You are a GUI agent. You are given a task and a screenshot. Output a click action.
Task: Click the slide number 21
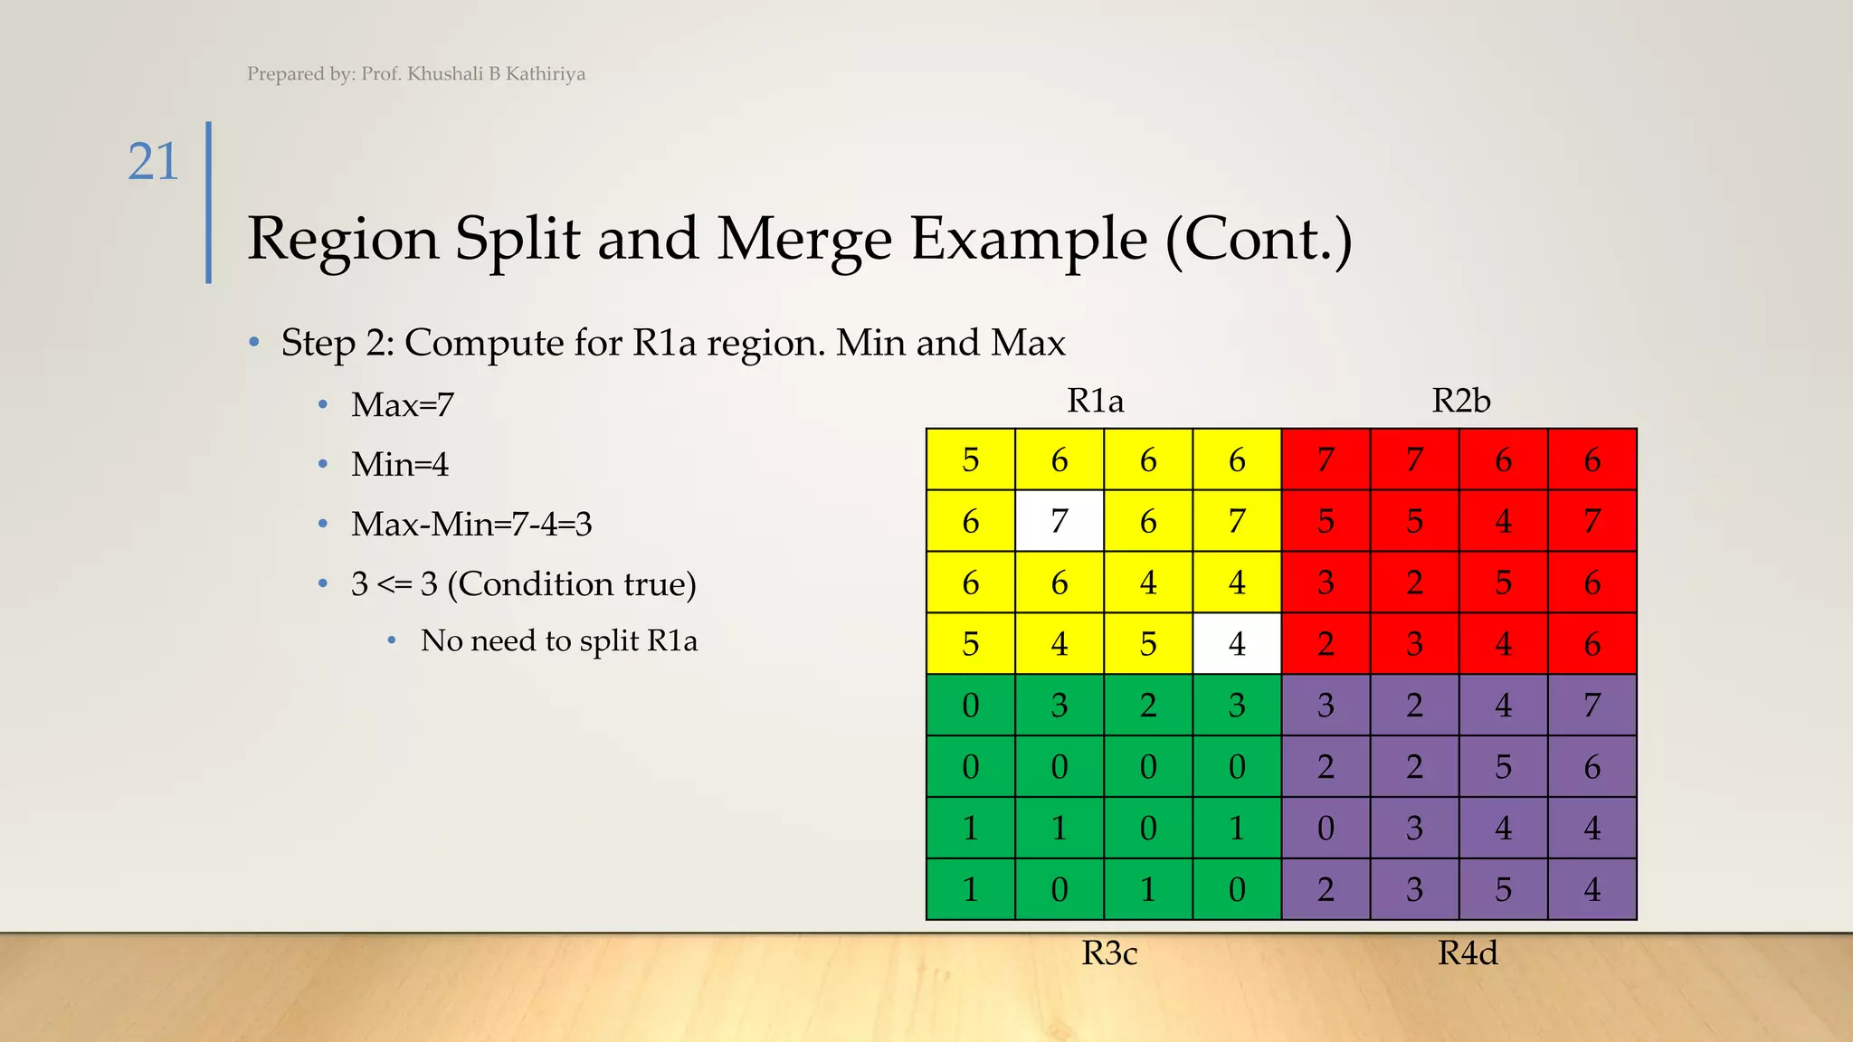[x=153, y=163]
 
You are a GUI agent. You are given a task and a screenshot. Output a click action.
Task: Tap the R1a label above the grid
[x=1095, y=400]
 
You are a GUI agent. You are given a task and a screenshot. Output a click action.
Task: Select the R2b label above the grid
[x=1460, y=400]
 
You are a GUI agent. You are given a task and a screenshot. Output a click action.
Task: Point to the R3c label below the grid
[x=1109, y=952]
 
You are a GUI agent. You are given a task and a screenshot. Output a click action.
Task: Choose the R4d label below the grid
[x=1468, y=952]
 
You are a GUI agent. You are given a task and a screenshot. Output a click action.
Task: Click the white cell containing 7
[x=1059, y=521]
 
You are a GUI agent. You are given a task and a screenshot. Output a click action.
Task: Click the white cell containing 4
[x=1237, y=644]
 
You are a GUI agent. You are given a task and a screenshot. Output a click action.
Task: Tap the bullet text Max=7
[x=402, y=404]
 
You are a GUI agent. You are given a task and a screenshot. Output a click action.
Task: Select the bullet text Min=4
[x=399, y=464]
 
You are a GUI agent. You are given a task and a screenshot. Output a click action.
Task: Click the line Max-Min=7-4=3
[x=470, y=524]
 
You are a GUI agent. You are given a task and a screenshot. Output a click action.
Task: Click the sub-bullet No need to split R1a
[x=558, y=640]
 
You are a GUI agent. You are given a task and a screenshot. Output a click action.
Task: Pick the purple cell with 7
[x=1592, y=706]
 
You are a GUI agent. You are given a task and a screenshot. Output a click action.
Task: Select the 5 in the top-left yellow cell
[x=970, y=460]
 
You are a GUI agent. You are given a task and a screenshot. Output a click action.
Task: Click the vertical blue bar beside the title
[x=209, y=203]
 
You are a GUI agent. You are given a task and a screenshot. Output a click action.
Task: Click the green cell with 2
[x=1147, y=706]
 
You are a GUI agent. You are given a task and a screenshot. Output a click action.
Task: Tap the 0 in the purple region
[x=1326, y=829]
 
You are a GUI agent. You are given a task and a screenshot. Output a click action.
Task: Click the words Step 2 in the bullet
[x=336, y=343]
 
